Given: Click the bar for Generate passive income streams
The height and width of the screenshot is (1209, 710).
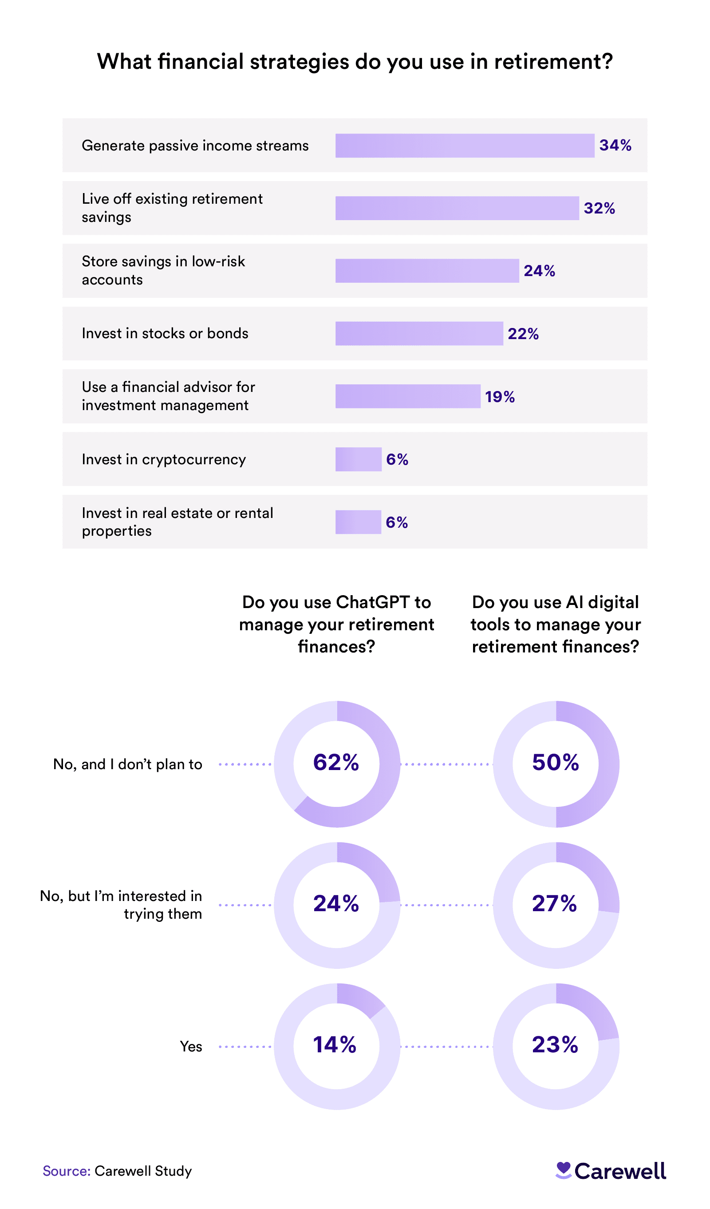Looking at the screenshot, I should [x=464, y=146].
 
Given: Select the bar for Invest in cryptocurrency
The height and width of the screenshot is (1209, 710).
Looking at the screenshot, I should [x=358, y=459].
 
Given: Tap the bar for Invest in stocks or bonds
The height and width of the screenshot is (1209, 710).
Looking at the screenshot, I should [x=419, y=333].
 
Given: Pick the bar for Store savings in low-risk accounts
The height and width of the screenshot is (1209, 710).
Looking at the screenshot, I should [x=427, y=271].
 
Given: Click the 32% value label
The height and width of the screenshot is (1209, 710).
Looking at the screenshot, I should [x=599, y=208].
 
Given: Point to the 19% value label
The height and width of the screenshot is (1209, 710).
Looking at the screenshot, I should [x=499, y=397].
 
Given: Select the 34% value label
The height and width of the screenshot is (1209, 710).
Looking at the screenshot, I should [x=615, y=145].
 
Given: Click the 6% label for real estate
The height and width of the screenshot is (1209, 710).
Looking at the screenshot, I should [x=397, y=522].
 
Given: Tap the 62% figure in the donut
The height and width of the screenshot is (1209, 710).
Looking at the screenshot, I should [x=336, y=763].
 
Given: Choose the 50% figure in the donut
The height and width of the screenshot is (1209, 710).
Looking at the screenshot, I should [x=556, y=763].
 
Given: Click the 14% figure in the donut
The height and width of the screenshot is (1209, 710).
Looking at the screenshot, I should [x=335, y=1044].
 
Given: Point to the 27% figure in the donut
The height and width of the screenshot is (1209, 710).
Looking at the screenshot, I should [x=555, y=903].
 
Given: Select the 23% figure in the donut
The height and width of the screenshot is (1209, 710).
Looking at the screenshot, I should [x=555, y=1044].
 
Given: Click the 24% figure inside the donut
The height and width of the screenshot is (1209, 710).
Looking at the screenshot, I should [x=336, y=903].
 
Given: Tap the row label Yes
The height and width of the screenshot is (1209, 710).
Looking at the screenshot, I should [x=191, y=1047].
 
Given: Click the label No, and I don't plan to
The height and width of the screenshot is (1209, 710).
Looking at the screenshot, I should [x=128, y=764].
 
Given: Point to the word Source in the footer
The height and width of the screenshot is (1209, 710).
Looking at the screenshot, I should [x=66, y=1171].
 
